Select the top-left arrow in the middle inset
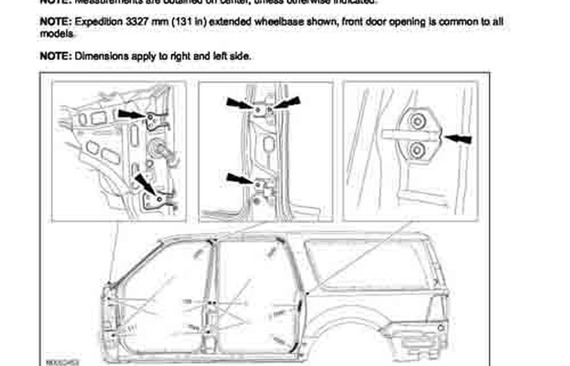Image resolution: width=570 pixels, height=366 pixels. click(240, 103)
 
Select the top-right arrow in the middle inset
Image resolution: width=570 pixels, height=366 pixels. click(287, 102)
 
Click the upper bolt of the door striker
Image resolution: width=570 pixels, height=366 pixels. click(416, 120)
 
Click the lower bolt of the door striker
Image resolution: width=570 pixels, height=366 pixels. click(416, 149)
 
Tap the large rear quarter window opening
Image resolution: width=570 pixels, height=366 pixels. click(369, 264)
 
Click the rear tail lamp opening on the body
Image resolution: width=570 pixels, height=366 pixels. click(437, 307)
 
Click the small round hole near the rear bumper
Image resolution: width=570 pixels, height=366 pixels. click(441, 326)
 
